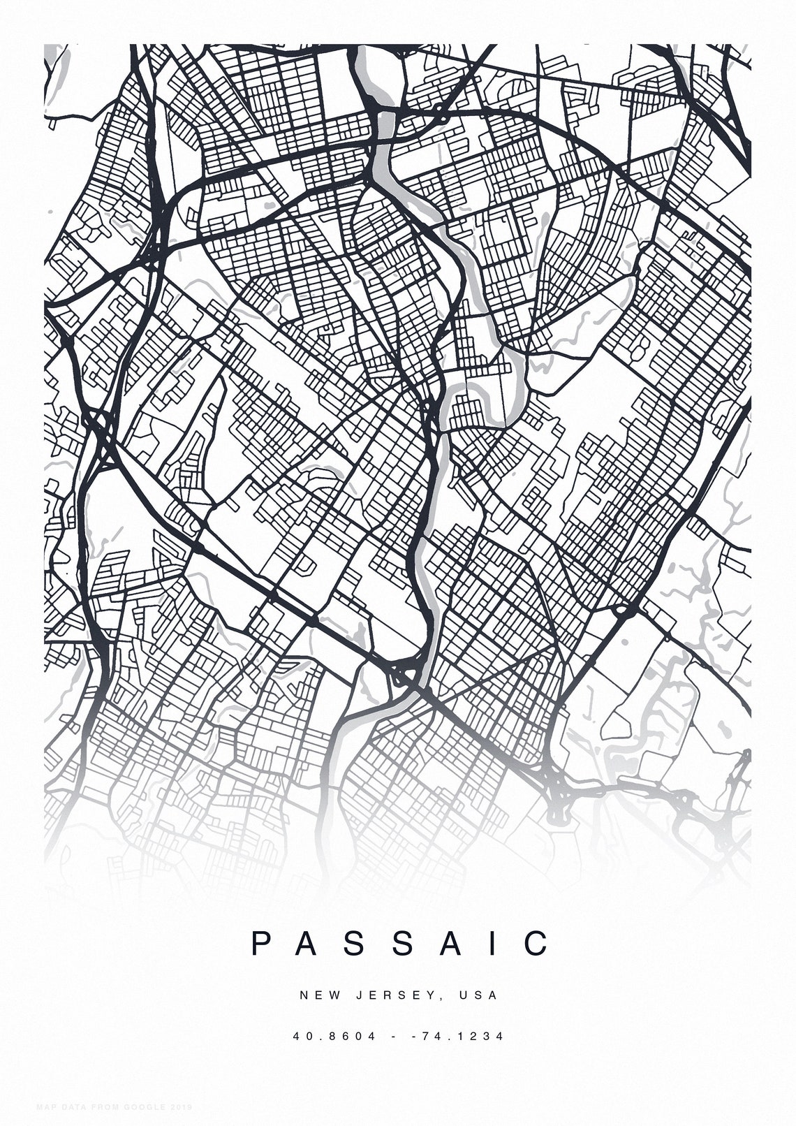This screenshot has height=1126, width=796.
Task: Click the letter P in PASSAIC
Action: click(261, 944)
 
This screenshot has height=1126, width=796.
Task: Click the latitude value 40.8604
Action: click(334, 1036)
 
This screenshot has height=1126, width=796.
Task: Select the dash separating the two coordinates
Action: click(395, 1036)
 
